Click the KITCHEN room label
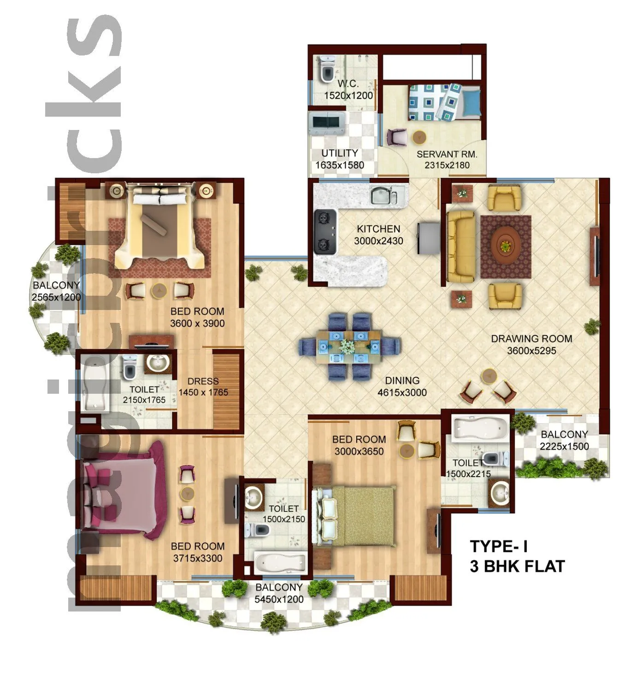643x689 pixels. [x=378, y=229]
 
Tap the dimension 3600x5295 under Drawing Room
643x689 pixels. [x=531, y=351]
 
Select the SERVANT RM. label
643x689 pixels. [x=446, y=154]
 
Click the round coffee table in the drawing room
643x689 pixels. [x=506, y=246]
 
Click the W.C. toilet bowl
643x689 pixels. [x=327, y=70]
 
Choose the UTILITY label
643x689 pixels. [x=339, y=153]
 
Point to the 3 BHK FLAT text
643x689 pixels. [x=517, y=566]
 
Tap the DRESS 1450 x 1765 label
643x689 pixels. [x=203, y=387]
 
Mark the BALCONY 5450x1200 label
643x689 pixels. [x=279, y=593]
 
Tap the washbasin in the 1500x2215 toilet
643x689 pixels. [x=500, y=492]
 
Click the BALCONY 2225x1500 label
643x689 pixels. [x=564, y=440]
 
